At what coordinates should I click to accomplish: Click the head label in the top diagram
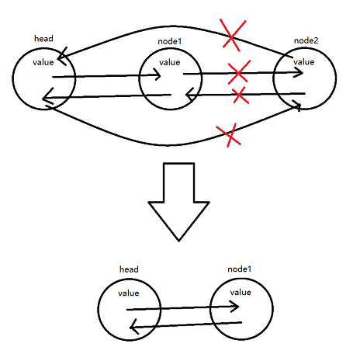[x=43, y=38]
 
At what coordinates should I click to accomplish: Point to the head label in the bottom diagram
[x=129, y=269]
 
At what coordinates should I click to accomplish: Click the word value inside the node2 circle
[x=305, y=61]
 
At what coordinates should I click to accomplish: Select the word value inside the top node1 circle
[x=169, y=62]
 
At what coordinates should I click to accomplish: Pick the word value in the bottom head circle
[x=128, y=293]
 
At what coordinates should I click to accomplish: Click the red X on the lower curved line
[x=227, y=134]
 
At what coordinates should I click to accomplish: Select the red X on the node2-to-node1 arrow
[x=239, y=95]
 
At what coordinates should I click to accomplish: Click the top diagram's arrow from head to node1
[x=106, y=76]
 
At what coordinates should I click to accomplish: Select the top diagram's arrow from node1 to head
[x=106, y=96]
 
